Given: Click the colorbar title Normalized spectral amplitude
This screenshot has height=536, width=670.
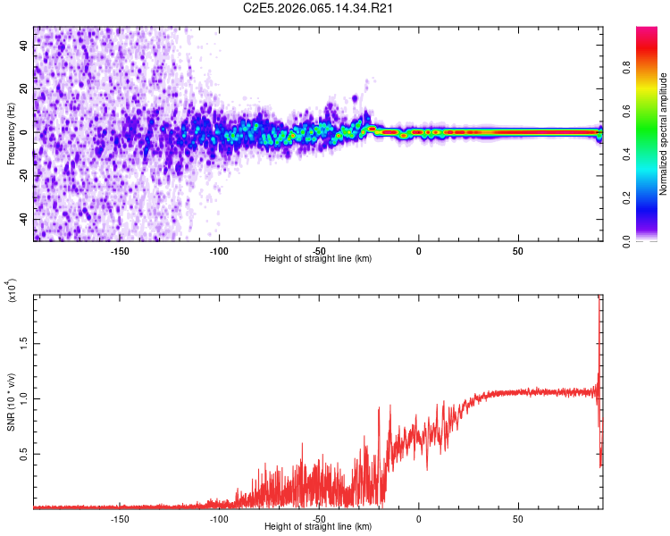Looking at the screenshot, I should click(x=664, y=134).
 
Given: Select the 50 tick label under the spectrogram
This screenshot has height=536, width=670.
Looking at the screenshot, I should click(x=518, y=251).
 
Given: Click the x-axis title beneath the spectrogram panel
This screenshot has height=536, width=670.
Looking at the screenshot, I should click(x=318, y=259).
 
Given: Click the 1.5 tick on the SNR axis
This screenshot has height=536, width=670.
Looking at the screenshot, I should click(x=23, y=342).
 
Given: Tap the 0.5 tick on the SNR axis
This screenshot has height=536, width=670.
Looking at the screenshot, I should click(x=23, y=454).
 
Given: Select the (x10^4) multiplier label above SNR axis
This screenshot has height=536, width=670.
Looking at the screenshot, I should click(x=13, y=291).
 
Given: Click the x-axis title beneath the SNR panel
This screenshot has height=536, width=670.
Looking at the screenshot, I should click(x=318, y=527).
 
